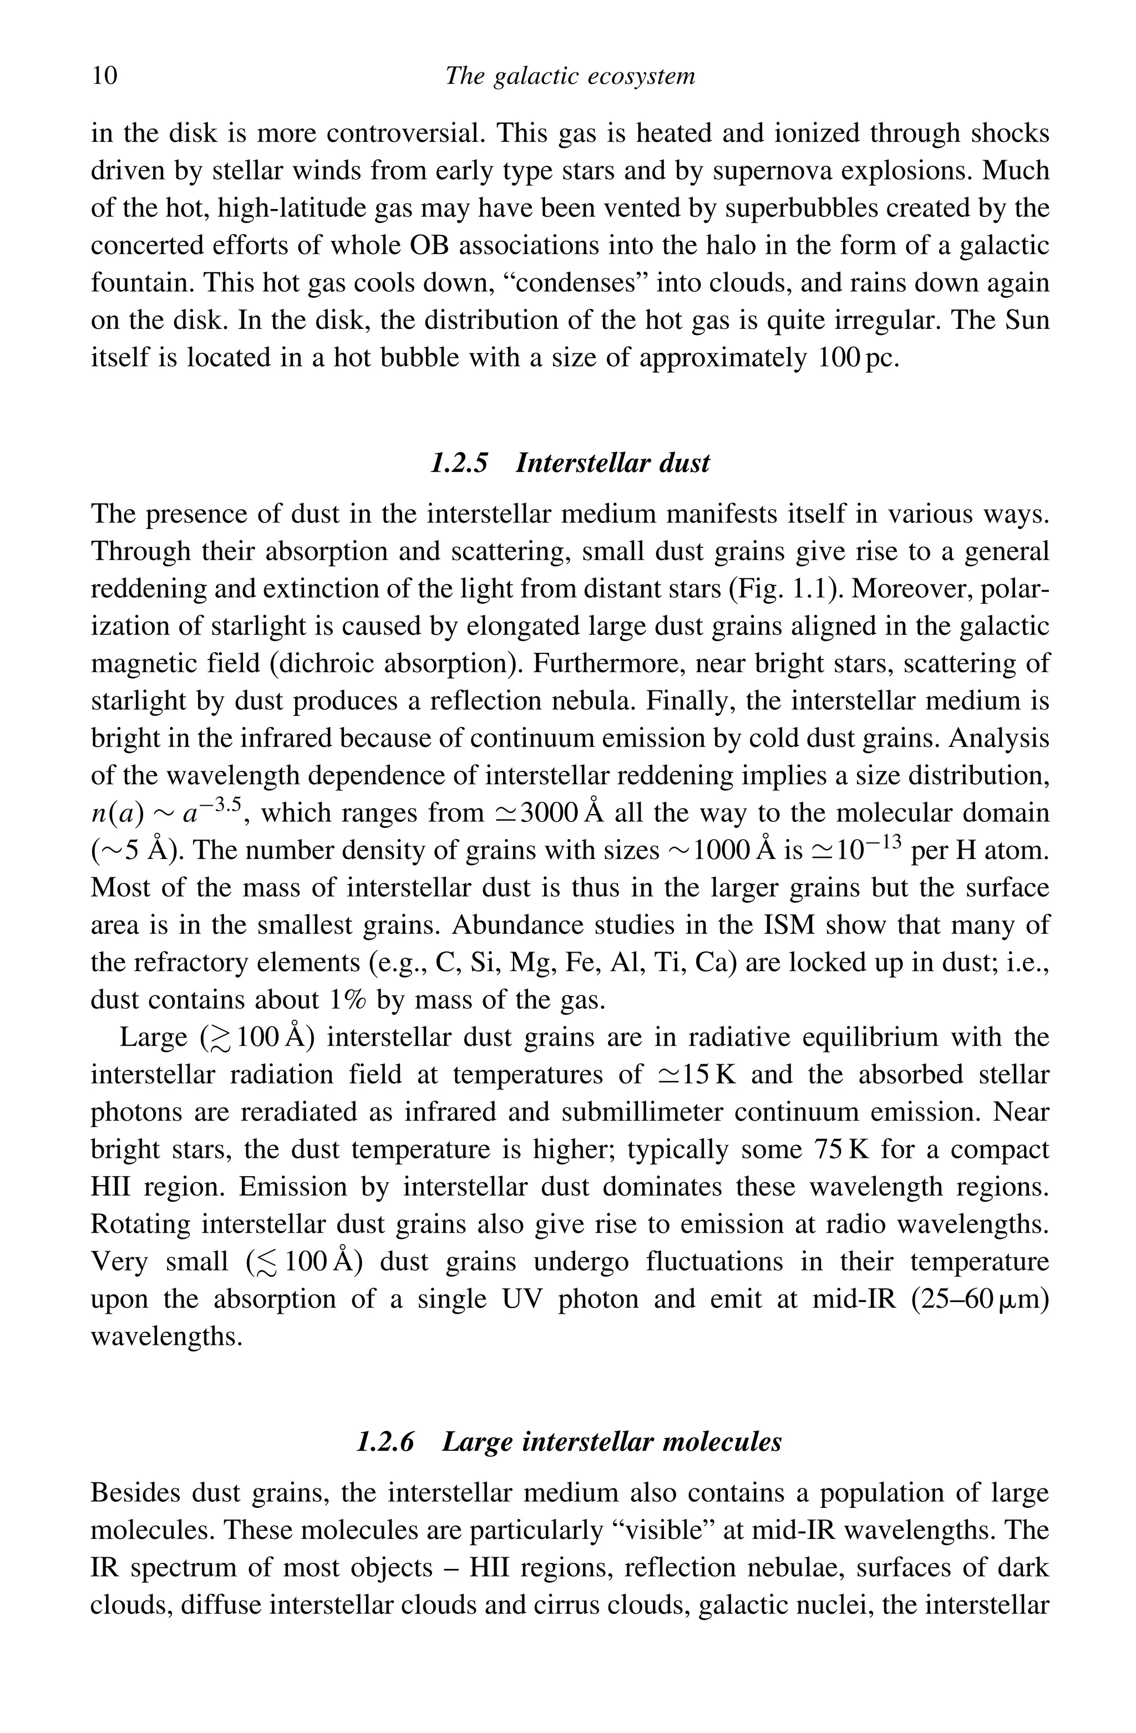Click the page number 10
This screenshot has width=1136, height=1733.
104,76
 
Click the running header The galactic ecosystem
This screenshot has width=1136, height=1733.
570,76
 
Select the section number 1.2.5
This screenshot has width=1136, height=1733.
459,463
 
